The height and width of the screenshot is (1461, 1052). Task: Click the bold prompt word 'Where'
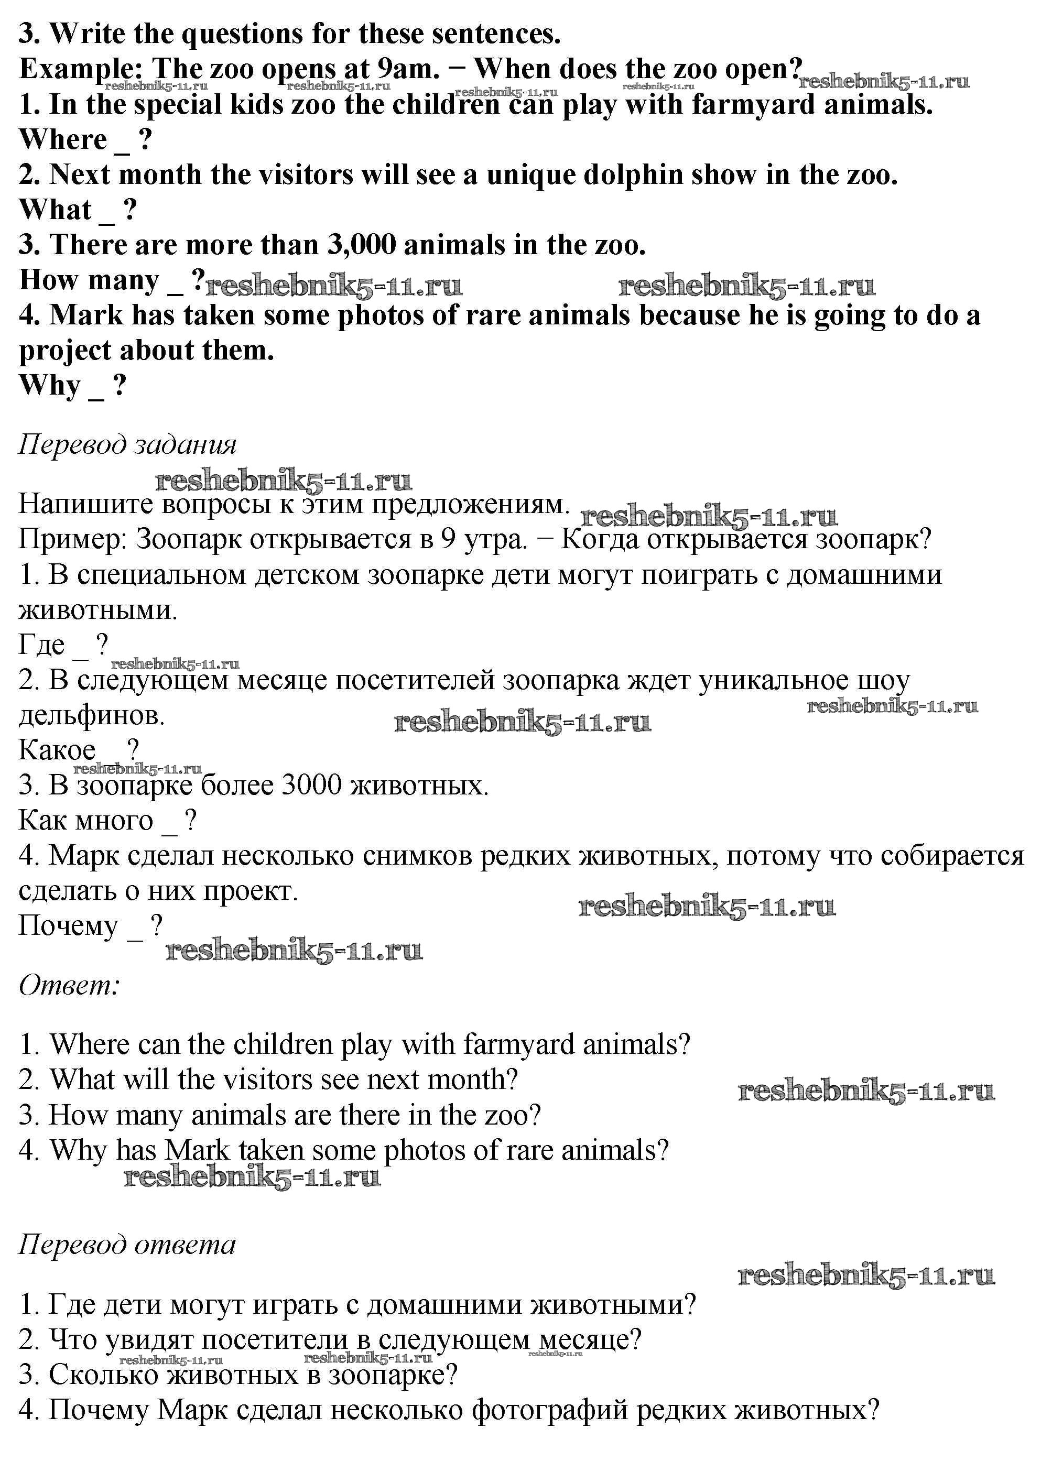63,139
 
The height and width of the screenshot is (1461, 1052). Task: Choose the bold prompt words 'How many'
89,280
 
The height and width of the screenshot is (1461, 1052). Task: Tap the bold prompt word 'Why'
50,385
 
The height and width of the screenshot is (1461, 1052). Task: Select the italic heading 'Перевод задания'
127,444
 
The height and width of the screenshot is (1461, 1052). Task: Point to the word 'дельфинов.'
92,715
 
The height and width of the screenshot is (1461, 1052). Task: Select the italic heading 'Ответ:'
70,985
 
